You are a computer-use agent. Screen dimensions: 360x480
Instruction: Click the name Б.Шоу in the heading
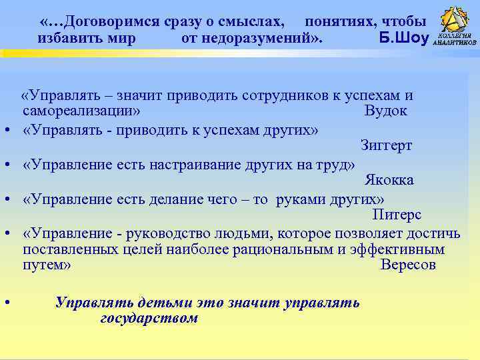click(403, 37)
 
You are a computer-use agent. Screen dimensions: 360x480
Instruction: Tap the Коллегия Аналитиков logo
click(455, 27)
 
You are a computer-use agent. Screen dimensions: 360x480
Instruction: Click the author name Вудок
click(385, 111)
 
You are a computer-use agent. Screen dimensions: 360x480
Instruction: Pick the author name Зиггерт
click(387, 145)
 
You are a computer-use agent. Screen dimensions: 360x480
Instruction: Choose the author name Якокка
click(389, 180)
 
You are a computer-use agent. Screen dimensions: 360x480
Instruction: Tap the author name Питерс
click(397, 215)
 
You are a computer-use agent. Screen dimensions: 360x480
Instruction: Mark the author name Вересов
click(407, 265)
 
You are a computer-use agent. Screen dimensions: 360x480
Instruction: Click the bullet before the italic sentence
click(6, 302)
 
